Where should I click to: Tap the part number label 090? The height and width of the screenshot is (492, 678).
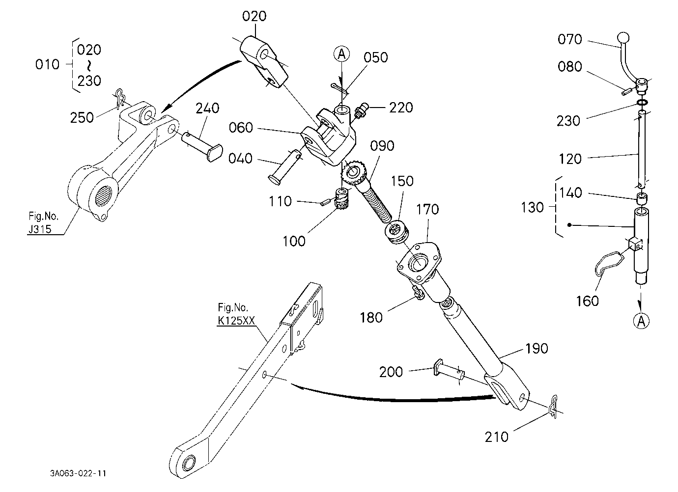pyautogui.click(x=382, y=146)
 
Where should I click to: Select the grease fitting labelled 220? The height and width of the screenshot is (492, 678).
pyautogui.click(x=362, y=111)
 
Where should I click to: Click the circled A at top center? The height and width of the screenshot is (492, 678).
pyautogui.click(x=342, y=55)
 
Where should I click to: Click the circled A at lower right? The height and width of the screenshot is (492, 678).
pyautogui.click(x=641, y=321)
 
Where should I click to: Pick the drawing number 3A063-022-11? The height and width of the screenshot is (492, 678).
pyautogui.click(x=78, y=473)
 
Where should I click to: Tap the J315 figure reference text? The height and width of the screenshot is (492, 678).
pyautogui.click(x=40, y=229)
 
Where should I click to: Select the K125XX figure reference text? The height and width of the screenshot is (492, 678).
pyautogui.click(x=236, y=321)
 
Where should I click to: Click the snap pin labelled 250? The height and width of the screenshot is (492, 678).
pyautogui.click(x=120, y=98)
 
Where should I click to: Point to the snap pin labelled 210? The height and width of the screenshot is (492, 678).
pyautogui.click(x=554, y=407)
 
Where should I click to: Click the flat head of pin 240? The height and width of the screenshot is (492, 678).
pyautogui.click(x=215, y=153)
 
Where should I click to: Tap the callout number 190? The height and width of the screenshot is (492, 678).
pyautogui.click(x=537, y=349)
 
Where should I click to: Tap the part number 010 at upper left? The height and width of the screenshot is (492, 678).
pyautogui.click(x=47, y=64)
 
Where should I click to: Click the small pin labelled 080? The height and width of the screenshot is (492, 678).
pyautogui.click(x=626, y=91)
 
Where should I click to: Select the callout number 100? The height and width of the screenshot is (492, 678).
pyautogui.click(x=294, y=242)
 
